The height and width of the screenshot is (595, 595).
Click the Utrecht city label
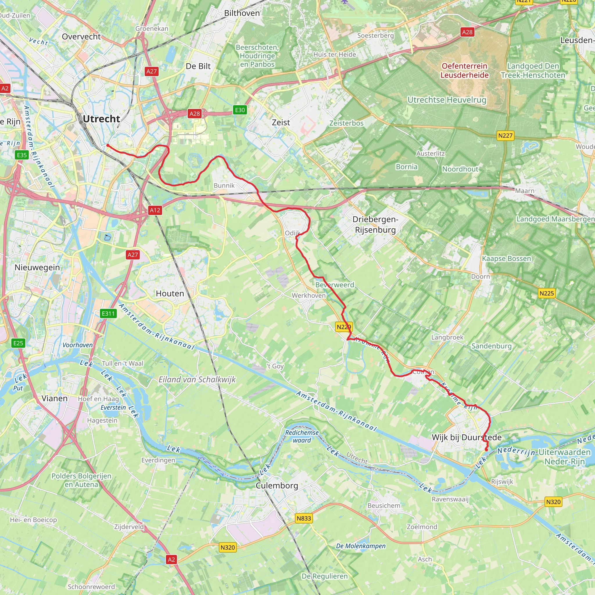(x=101, y=119)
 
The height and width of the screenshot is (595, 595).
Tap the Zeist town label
(x=281, y=123)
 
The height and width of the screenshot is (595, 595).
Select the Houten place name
(x=170, y=293)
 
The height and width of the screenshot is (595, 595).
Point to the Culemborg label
(x=277, y=486)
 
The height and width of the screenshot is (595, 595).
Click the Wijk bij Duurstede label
(x=466, y=437)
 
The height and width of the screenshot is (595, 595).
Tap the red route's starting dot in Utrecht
(x=107, y=145)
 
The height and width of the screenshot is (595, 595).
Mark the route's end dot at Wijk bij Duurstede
(x=486, y=450)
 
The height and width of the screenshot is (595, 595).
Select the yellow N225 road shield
(x=547, y=293)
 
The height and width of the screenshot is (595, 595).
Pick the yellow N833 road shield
(x=304, y=518)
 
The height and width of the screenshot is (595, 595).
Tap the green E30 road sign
(x=240, y=110)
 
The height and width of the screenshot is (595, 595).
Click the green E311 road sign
(x=108, y=313)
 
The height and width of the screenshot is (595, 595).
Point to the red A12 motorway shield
(x=155, y=210)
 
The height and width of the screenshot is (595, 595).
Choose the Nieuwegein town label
(x=37, y=267)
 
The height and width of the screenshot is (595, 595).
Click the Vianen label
(x=55, y=399)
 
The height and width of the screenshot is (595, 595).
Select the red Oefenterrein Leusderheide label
(x=465, y=71)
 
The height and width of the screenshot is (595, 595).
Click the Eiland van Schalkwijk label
(x=197, y=379)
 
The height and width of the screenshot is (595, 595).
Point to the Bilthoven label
(x=242, y=13)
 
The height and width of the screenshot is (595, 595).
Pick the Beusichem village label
(x=384, y=506)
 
